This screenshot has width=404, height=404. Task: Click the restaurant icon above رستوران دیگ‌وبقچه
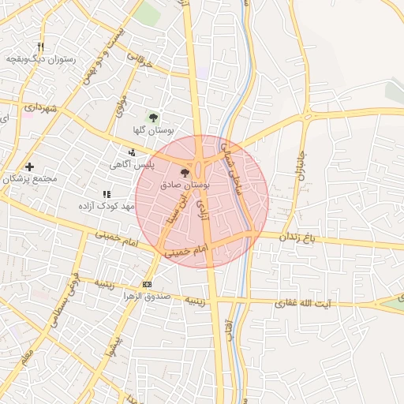(x=41, y=47)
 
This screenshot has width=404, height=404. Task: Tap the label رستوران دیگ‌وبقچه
(x=40, y=59)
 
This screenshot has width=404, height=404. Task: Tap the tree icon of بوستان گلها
(x=154, y=116)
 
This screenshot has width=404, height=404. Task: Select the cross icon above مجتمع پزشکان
(x=30, y=166)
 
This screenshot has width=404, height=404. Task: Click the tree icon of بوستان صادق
(x=185, y=171)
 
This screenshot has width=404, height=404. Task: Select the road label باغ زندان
(x=300, y=237)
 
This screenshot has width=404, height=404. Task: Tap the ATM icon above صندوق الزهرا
(x=147, y=284)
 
